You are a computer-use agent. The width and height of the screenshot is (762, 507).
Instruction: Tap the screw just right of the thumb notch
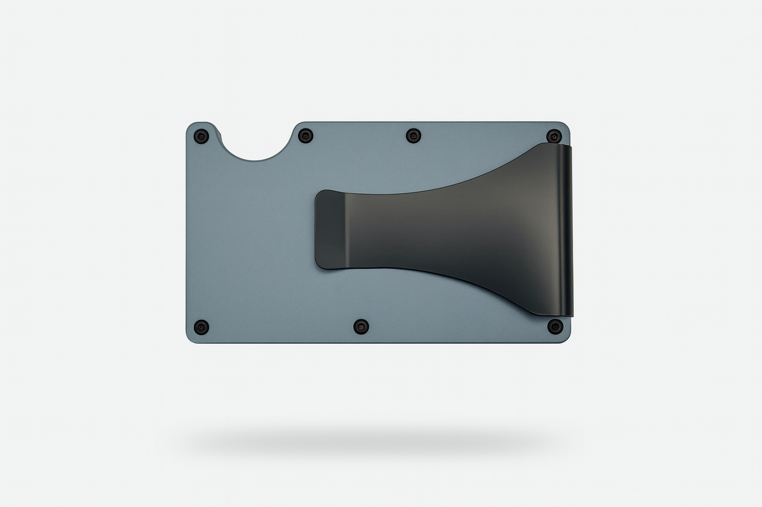click(x=304, y=136)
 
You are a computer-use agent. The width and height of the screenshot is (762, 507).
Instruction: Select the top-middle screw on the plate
click(x=412, y=136)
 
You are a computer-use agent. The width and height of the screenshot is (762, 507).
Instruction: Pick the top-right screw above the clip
click(x=552, y=136)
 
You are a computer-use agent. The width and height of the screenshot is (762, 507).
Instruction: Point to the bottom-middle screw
click(x=361, y=326)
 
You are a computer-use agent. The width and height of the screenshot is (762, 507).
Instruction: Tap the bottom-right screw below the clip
click(x=552, y=326)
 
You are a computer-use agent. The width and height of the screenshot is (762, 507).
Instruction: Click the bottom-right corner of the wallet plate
click(x=566, y=340)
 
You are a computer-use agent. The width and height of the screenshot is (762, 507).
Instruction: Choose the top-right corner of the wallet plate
click(x=567, y=126)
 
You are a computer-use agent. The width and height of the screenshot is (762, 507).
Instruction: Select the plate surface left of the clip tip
click(x=253, y=232)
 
